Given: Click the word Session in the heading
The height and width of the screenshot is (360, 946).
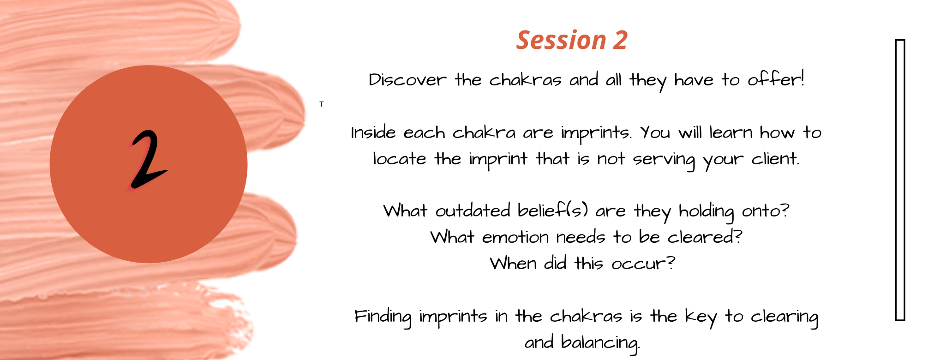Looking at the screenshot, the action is (561, 40).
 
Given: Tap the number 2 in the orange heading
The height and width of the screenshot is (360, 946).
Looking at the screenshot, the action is (620, 40).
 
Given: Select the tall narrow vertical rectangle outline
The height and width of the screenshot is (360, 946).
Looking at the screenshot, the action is (900, 180).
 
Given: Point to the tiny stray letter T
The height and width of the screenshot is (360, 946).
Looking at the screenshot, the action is (322, 104).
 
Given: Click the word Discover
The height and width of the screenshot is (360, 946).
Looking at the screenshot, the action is (407, 80).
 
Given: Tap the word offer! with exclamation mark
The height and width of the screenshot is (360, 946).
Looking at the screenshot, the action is (776, 79).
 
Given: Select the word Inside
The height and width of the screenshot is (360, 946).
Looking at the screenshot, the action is (373, 133).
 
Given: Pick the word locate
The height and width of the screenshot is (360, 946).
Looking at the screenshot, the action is (400, 159).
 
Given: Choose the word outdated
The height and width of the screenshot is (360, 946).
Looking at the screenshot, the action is (473, 211).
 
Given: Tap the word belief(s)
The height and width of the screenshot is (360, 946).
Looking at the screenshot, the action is (553, 210).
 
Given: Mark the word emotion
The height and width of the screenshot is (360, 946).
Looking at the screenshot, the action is (515, 237).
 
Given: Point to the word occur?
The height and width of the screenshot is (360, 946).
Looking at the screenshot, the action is (643, 264).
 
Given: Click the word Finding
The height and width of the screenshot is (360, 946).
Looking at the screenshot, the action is (383, 317).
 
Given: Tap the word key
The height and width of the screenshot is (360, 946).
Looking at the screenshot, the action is (701, 317).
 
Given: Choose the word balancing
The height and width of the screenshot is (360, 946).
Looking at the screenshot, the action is (600, 343).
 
